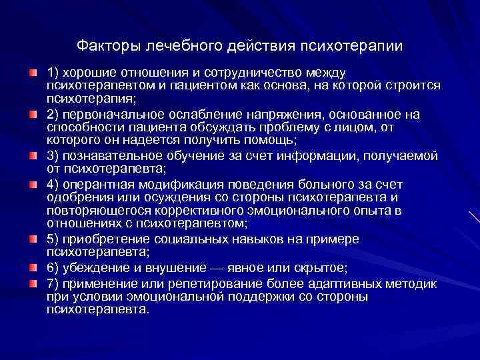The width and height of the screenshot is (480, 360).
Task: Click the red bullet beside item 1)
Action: pyautogui.click(x=33, y=71)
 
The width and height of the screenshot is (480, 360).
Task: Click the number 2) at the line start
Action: pyautogui.click(x=53, y=114)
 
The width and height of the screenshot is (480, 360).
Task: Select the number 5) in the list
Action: pyautogui.click(x=53, y=239)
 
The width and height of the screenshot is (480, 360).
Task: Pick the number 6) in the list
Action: pyautogui.click(x=53, y=268)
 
